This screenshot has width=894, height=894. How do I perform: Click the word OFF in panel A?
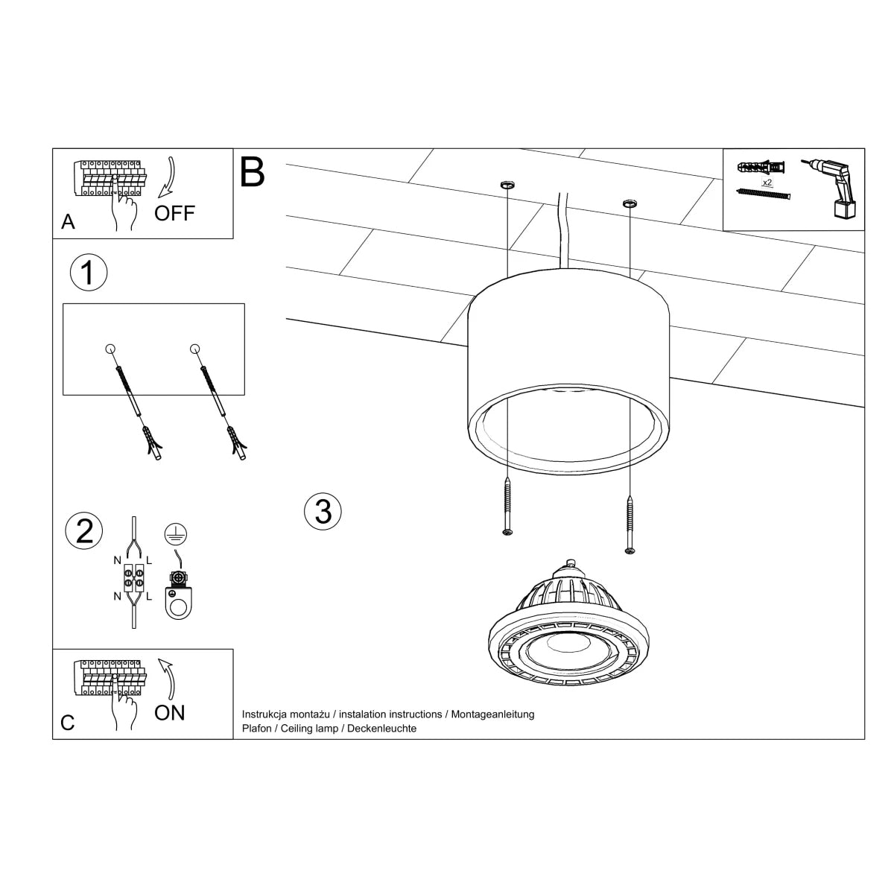pos(174,213)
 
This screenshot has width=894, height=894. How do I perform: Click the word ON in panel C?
pos(170,713)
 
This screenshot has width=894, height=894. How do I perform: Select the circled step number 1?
pos(88,273)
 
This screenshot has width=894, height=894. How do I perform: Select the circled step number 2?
pos(84,530)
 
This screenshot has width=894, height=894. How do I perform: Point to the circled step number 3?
pos(323,512)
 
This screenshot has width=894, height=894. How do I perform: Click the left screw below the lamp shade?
pos(507,506)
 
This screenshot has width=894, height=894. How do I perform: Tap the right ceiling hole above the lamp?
pos(629,202)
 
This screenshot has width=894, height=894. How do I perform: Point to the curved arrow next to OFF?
pos(169,177)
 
